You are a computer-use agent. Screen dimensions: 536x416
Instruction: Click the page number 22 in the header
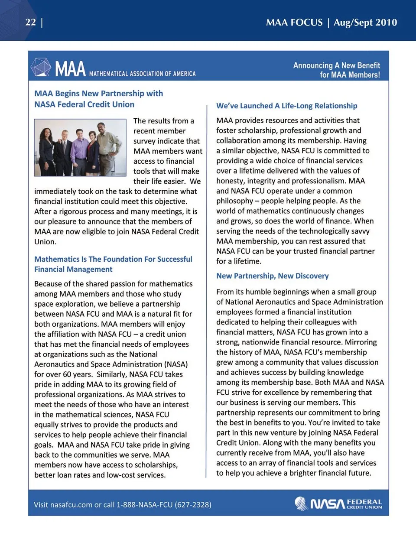[30, 22]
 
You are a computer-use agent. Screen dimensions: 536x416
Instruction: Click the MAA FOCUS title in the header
[294, 23]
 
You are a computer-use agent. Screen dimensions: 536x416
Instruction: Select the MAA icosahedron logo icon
[41, 67]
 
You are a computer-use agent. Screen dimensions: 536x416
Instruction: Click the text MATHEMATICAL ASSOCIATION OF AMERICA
[142, 74]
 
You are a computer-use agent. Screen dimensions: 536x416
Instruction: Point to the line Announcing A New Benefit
[336, 65]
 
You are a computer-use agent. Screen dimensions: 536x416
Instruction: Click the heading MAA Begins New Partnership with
[98, 94]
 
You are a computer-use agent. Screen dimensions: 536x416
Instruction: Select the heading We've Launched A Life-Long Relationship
[286, 106]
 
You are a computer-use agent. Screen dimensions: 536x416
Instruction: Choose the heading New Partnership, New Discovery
[272, 276]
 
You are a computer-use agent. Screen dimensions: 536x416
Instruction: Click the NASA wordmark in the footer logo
[327, 504]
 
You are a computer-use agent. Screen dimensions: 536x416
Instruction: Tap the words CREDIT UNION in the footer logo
[364, 507]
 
